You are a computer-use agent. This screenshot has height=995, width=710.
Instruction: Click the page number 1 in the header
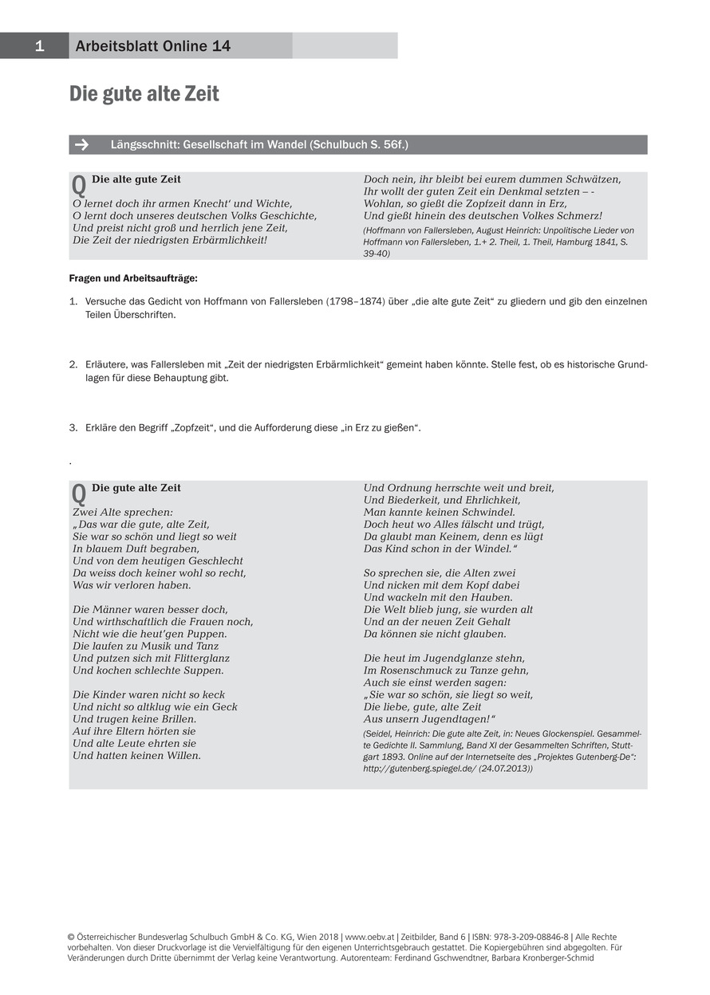38,46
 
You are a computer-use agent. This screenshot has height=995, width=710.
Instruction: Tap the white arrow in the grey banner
81,145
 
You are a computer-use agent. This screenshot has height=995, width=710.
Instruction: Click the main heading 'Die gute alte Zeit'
144,94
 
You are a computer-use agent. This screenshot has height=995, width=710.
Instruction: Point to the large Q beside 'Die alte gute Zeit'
79,186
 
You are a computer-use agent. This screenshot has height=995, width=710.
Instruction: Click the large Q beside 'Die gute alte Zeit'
79,494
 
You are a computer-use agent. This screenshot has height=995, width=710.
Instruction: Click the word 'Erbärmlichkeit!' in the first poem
227,240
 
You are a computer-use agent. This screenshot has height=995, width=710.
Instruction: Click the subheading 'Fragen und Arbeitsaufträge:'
133,278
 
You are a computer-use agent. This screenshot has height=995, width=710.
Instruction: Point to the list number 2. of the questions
73,364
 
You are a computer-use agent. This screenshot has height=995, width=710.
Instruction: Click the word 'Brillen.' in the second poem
174,719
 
